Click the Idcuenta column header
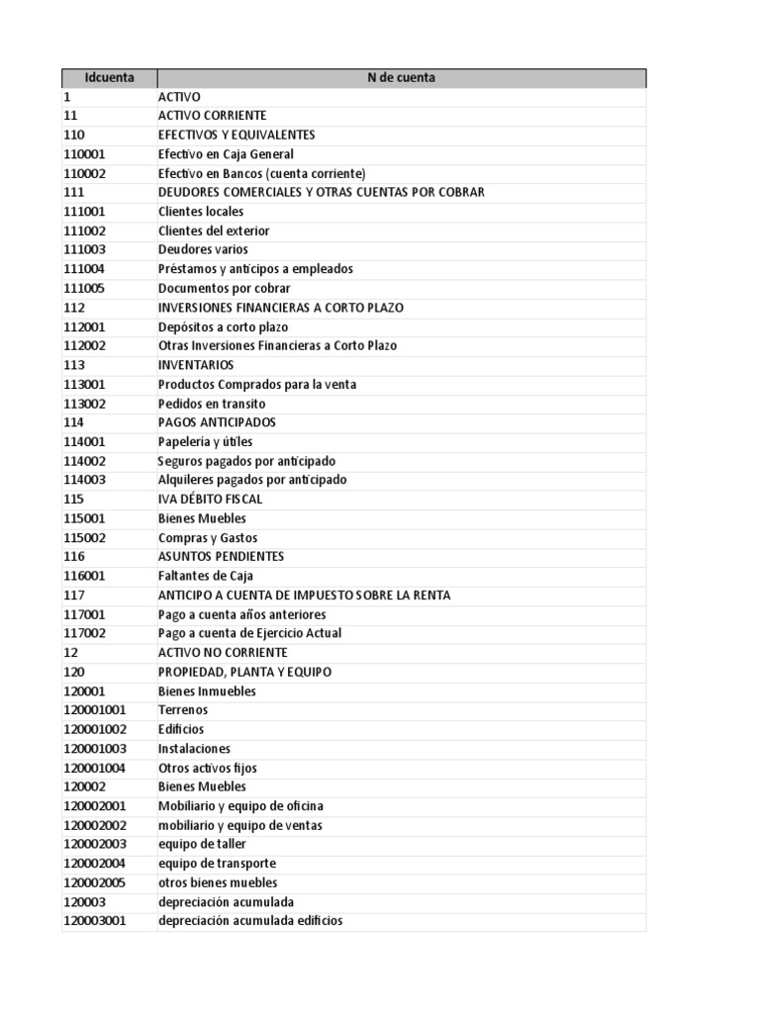click(109, 77)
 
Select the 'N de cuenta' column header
click(401, 77)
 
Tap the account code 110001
click(84, 154)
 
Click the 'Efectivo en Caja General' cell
click(226, 154)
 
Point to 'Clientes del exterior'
click(214, 230)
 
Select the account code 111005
click(84, 288)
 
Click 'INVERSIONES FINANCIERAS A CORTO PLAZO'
click(281, 308)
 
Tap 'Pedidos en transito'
click(212, 404)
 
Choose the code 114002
click(84, 461)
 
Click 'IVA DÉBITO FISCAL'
click(211, 500)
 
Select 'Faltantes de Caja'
click(206, 576)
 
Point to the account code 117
click(74, 596)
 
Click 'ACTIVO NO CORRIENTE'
click(223, 653)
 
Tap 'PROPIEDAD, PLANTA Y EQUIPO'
click(245, 672)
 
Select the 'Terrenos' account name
click(183, 710)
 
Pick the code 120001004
click(94, 768)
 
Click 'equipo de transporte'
click(217, 864)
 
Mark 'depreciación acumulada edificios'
click(250, 921)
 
